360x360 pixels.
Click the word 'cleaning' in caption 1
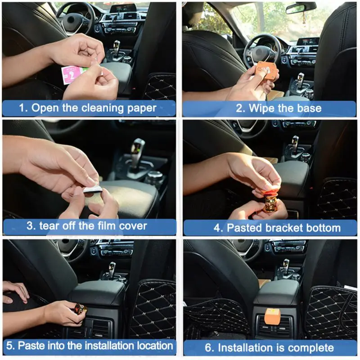tap(103, 108)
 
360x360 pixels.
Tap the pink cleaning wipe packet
tap(71, 75)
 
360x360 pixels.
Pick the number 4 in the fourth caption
tap(217, 228)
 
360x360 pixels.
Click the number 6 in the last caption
tap(209, 348)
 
